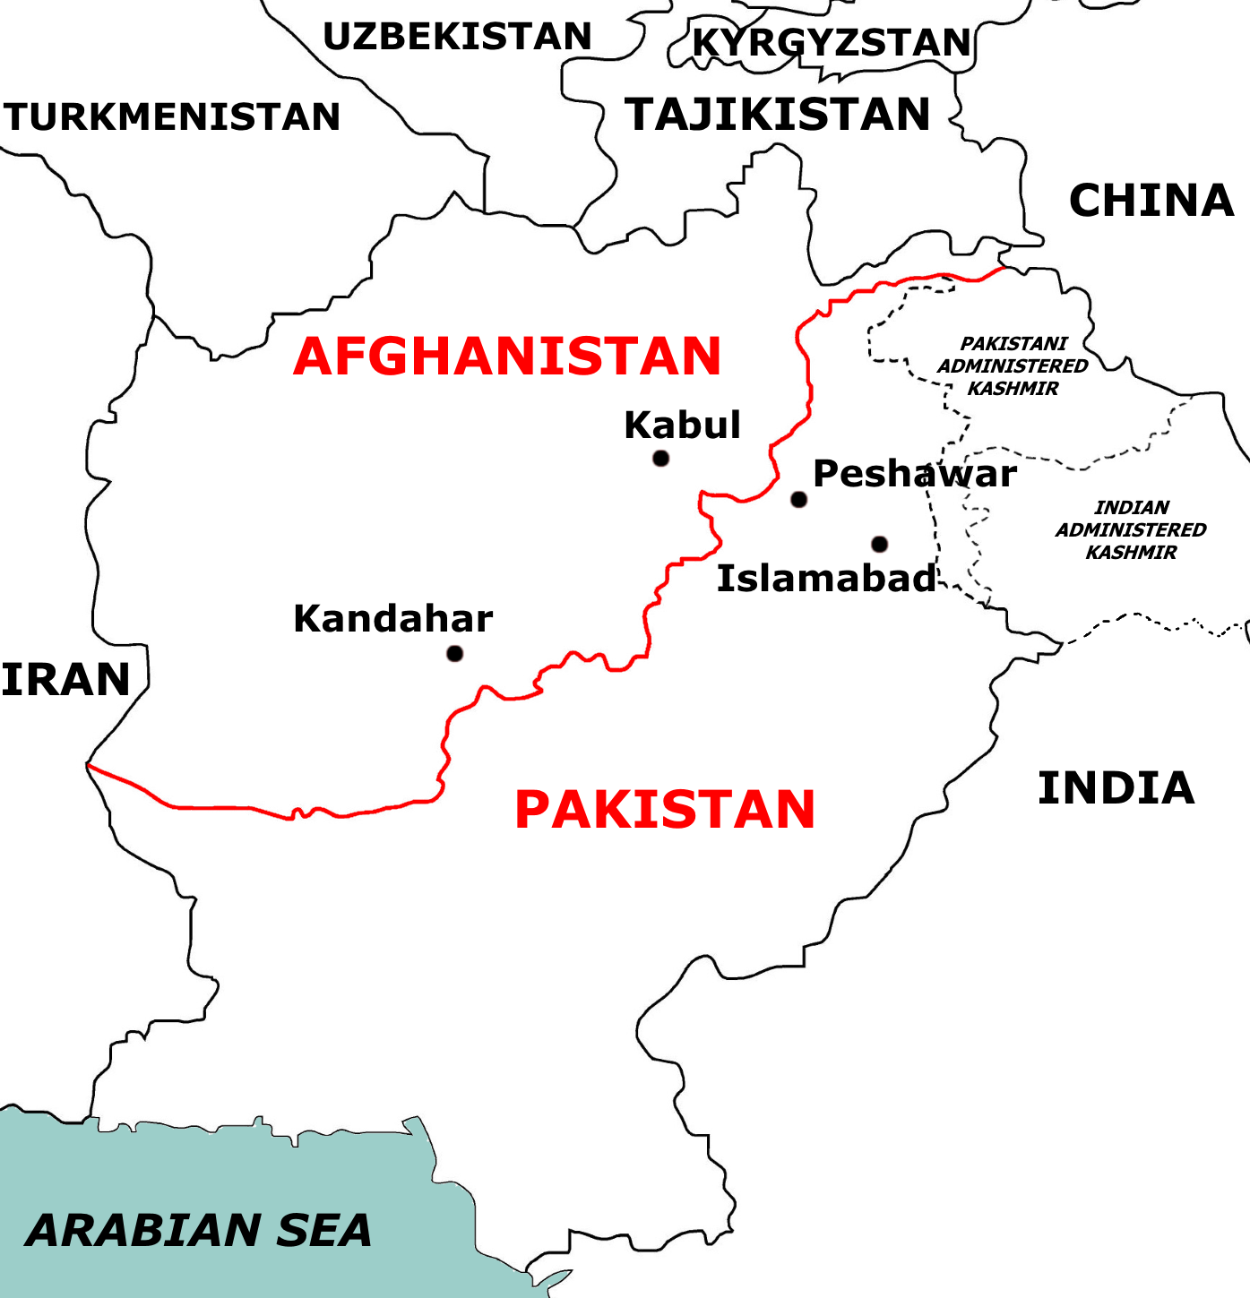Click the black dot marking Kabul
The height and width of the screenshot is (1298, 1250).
point(661,459)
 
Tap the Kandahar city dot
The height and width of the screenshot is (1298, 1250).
point(455,653)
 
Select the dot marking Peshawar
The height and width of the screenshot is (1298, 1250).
point(798,499)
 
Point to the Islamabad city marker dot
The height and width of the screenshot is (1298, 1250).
point(880,544)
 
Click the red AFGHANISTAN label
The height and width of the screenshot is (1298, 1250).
point(507,357)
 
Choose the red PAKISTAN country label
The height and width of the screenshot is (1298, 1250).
point(665,810)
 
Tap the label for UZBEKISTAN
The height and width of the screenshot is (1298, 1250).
point(457,37)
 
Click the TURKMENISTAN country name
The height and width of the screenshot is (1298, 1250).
point(172,117)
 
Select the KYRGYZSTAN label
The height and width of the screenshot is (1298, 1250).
point(832,42)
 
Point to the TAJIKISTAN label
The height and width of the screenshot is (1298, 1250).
point(778,115)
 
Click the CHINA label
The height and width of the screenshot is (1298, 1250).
point(1151,201)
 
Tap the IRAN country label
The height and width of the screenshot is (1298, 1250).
point(66,680)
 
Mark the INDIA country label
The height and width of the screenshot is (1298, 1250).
point(1116,788)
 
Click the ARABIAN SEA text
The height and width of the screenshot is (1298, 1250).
point(199,1230)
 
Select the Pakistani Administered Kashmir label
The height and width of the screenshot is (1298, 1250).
point(1013,366)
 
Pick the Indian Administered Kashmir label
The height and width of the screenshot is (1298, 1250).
point(1131,530)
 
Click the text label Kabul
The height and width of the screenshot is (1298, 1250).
point(683,425)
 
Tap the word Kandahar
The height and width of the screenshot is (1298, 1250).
point(393,619)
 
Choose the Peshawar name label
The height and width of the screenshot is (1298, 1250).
point(914,474)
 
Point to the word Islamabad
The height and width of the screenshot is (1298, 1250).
point(826,579)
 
